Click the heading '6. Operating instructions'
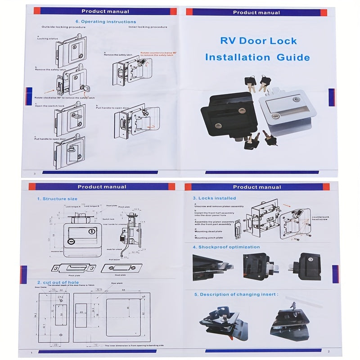105,21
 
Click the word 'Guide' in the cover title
293,57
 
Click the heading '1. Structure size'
57,198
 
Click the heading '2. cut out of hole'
58,282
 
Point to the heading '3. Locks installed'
214,198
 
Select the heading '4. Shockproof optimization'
226,247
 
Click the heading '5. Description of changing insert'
236,294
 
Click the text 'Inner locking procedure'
148,27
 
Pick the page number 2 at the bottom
328,351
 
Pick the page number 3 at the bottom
34,173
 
